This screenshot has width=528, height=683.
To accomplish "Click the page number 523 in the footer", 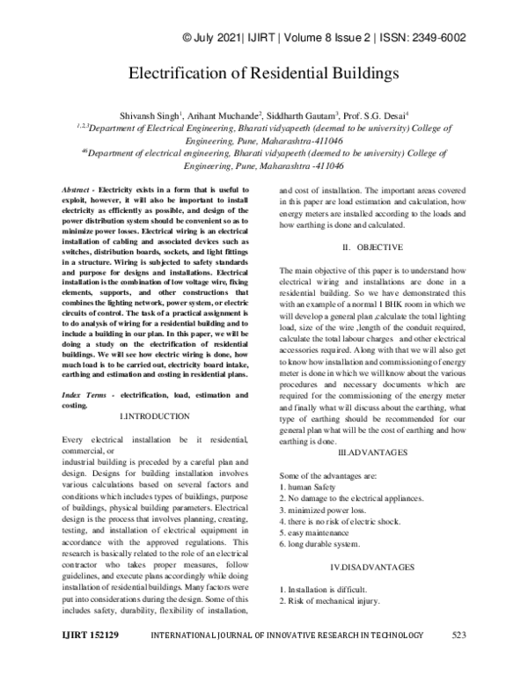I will [x=458, y=658].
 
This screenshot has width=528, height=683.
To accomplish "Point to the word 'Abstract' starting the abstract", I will [x=79, y=190].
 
